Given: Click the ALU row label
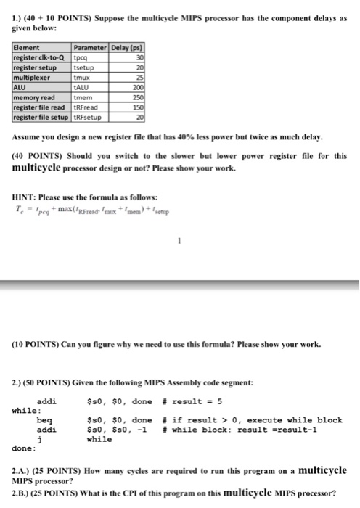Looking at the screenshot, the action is point(20,85).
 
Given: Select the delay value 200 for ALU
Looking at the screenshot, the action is point(137,85).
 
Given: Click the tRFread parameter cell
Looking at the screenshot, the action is point(86,104).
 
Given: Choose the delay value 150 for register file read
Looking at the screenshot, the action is point(137,104).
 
